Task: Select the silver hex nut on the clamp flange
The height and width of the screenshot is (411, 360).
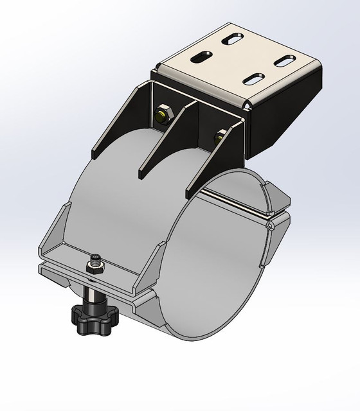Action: (x=93, y=268)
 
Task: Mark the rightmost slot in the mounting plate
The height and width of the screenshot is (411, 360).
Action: (x=284, y=61)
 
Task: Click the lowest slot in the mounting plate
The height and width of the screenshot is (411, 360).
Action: (x=255, y=80)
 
